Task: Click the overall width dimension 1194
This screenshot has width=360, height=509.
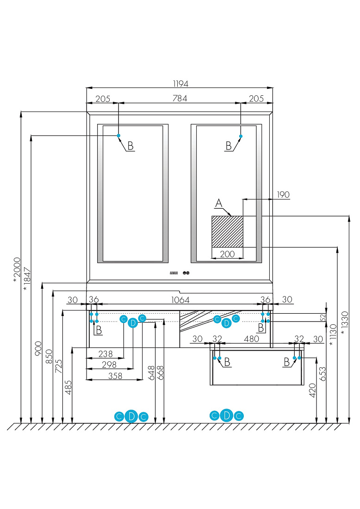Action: point(180,84)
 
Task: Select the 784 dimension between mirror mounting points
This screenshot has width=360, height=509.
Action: point(180,99)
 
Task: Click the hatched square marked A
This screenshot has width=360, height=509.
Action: point(227,231)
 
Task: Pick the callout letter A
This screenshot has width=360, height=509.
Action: point(219,203)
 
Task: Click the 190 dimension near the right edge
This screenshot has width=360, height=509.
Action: point(283,195)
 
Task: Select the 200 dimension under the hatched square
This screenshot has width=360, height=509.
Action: point(227,254)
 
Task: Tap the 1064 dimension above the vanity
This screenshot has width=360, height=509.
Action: point(180,300)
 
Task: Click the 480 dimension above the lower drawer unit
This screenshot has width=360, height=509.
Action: point(251,339)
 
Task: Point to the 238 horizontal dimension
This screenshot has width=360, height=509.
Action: point(106,354)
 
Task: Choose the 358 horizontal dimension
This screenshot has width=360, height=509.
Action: point(115,376)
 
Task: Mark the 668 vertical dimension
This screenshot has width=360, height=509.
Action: point(161,372)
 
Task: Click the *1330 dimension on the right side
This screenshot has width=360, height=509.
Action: point(345,323)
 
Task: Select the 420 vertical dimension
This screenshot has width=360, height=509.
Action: point(312,390)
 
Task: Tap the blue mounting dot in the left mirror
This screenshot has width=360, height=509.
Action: point(118,136)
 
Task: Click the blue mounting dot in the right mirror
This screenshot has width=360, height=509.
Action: point(241,136)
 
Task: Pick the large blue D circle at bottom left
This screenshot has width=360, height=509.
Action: point(131,416)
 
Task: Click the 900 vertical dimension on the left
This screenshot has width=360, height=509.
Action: point(38,348)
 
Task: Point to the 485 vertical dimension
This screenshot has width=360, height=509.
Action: point(68,388)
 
